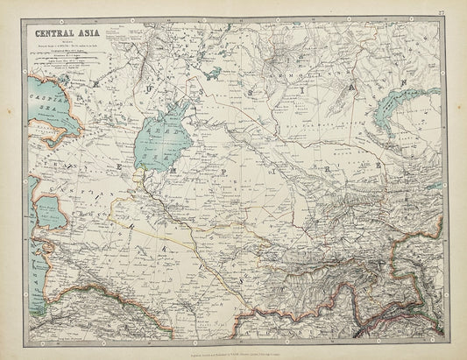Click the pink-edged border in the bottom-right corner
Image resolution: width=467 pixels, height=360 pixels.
point(412,298)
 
